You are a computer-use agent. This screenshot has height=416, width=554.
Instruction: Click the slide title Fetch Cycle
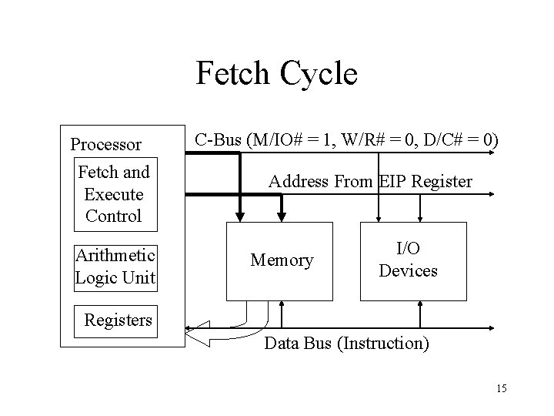277,75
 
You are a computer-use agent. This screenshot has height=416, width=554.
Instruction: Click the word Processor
105,144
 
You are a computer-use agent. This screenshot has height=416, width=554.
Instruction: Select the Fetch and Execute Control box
114,193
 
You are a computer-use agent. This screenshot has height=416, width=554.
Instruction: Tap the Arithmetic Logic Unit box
115,267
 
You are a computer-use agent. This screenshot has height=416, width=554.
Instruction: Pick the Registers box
118,319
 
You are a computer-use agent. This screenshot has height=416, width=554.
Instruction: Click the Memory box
282,261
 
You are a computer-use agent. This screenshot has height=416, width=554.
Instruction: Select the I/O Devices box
413,260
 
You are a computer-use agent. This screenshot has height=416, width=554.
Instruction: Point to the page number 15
502,387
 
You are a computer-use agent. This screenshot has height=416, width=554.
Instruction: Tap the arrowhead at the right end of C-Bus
509,151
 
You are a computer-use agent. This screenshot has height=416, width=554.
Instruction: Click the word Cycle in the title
320,75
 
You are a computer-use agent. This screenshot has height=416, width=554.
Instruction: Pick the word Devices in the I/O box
408,271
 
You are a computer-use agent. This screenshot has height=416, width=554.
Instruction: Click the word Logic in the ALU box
96,277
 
